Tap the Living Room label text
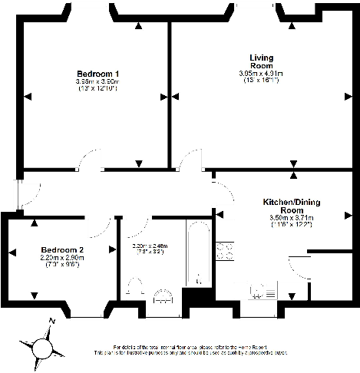point(261,61)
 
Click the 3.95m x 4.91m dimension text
point(261,74)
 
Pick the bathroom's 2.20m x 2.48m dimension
point(150,246)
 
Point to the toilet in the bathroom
point(135,289)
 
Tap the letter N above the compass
point(51,322)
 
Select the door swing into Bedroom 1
point(86,162)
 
